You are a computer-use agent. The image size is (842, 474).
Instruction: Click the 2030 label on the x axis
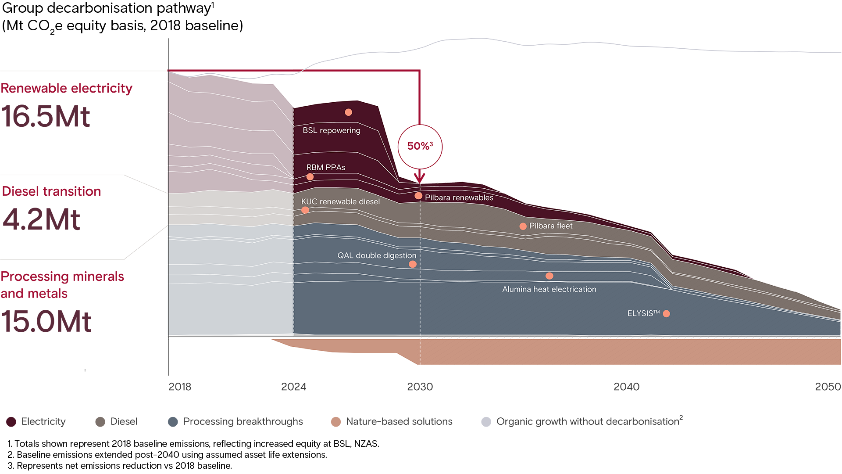click(420, 387)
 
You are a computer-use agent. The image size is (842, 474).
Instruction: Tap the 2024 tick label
click(293, 387)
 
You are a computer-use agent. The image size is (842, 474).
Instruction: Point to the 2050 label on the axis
click(828, 387)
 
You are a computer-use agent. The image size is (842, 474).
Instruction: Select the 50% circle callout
click(420, 147)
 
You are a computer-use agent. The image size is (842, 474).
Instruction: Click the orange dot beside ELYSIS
click(666, 313)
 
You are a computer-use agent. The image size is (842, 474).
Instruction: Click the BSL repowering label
click(331, 130)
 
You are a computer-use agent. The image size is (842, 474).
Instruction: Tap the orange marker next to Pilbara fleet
click(523, 226)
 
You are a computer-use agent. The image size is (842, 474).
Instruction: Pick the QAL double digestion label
click(376, 255)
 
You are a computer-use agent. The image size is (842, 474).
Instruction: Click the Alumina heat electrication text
click(549, 289)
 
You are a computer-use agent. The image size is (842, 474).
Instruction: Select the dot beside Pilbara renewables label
click(418, 196)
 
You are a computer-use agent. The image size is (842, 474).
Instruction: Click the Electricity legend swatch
click(11, 422)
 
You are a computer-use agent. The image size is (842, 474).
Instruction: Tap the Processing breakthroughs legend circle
click(173, 422)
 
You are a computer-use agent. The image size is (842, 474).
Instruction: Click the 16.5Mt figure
click(46, 117)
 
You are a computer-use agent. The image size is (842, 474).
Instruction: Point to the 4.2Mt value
click(42, 219)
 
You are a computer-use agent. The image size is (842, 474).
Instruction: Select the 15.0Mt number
click(46, 322)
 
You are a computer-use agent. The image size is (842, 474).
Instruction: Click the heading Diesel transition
click(51, 191)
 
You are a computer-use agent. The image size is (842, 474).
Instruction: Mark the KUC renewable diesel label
click(340, 201)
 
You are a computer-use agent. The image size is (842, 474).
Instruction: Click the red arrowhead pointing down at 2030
click(420, 179)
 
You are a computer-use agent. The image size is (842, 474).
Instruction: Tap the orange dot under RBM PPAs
click(310, 177)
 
